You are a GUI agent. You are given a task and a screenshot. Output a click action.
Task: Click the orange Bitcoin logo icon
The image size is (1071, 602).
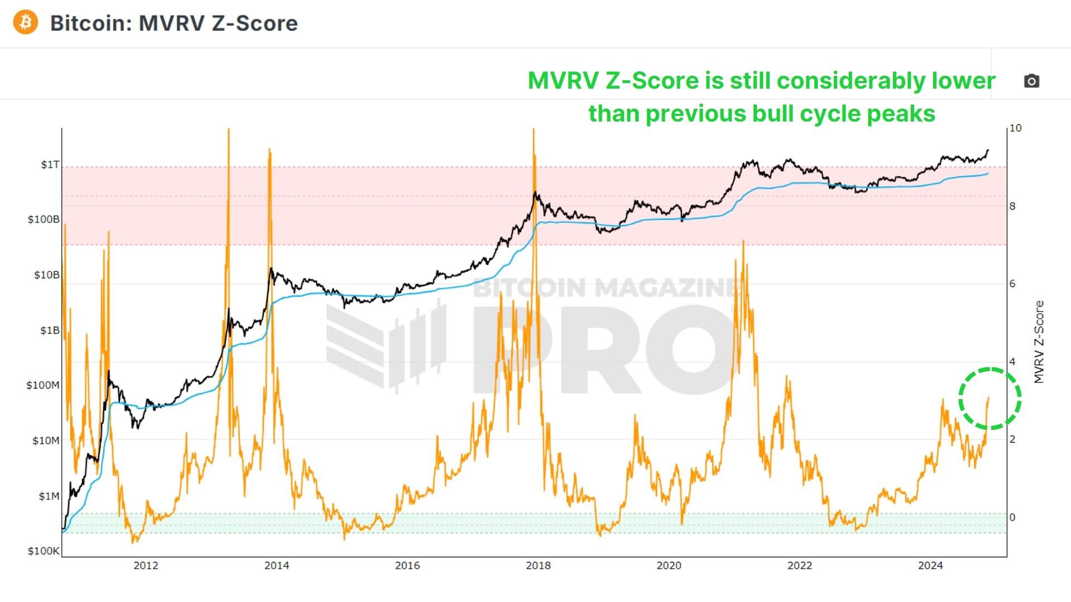pos(26,22)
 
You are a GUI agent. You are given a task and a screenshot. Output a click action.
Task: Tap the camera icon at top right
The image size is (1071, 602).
pos(1031,81)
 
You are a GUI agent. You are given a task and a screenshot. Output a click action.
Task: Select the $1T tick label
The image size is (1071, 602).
pos(50,164)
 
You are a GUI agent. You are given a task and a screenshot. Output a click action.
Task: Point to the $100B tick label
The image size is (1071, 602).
pos(44,219)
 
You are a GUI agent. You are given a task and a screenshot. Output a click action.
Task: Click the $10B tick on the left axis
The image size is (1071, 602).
pos(46,275)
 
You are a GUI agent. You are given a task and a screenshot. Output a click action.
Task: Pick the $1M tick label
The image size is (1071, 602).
pos(49,496)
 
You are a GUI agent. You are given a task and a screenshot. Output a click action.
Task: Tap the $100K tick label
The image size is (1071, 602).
pos(44,551)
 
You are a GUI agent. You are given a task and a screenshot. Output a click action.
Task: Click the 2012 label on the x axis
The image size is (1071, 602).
pos(146,566)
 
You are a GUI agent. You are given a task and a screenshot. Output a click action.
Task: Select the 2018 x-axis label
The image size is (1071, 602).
pos(538,566)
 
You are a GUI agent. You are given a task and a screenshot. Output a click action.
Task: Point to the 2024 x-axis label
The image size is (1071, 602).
pos(930,566)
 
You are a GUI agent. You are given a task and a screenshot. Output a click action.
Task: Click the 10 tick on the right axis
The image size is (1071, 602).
pos(1016,128)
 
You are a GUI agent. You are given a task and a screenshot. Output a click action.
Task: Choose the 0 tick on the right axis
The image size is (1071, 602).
pos(1012,517)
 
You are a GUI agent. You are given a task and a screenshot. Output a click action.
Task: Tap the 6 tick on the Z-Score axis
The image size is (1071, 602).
pos(1012,284)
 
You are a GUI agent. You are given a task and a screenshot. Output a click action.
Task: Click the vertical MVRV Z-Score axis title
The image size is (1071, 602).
pos(1039,342)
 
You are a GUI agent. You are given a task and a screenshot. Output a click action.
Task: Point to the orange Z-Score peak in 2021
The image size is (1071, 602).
pos(743,243)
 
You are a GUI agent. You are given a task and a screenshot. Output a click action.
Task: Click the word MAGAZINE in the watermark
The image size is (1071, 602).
pos(667,288)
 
